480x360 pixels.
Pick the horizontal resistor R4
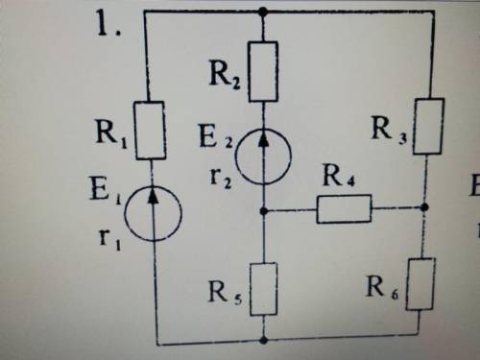(345, 208)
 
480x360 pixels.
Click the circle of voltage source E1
(125, 214)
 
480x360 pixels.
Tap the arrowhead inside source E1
(154, 195)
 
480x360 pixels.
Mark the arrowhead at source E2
(263, 138)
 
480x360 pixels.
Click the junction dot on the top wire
(263, 12)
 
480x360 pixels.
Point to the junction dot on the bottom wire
(264, 340)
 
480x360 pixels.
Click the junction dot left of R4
(264, 211)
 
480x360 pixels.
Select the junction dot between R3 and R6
(424, 207)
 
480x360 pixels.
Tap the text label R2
(225, 75)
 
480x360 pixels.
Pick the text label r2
(221, 179)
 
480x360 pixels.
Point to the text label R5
(225, 293)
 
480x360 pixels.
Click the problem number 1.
(108, 24)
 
